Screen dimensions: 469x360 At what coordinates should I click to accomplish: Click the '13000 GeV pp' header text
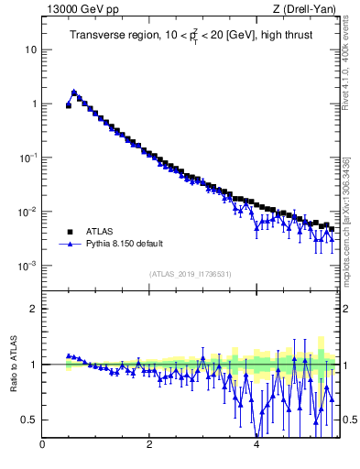pos(78,9)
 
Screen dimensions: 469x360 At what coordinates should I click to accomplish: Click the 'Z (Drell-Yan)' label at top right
pos(306,9)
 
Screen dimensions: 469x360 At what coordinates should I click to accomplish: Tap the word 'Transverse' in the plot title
pos(97,35)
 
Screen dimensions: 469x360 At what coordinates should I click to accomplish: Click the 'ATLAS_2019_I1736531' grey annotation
pos(190,274)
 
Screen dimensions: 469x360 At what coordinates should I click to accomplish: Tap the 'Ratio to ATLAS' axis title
pos(14,364)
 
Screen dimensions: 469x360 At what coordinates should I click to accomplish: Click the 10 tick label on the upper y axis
pos(31,49)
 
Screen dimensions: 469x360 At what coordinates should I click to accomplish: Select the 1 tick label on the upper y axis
pos(34,104)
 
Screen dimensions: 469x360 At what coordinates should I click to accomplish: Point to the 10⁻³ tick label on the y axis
pos(29,266)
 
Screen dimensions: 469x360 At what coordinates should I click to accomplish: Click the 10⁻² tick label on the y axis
pos(29,212)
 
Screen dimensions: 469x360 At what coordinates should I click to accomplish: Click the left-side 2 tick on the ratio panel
pos(34,309)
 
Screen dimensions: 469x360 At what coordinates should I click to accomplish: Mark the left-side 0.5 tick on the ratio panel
pos(30,420)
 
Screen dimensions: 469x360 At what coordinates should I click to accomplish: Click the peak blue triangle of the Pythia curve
pos(74,92)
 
